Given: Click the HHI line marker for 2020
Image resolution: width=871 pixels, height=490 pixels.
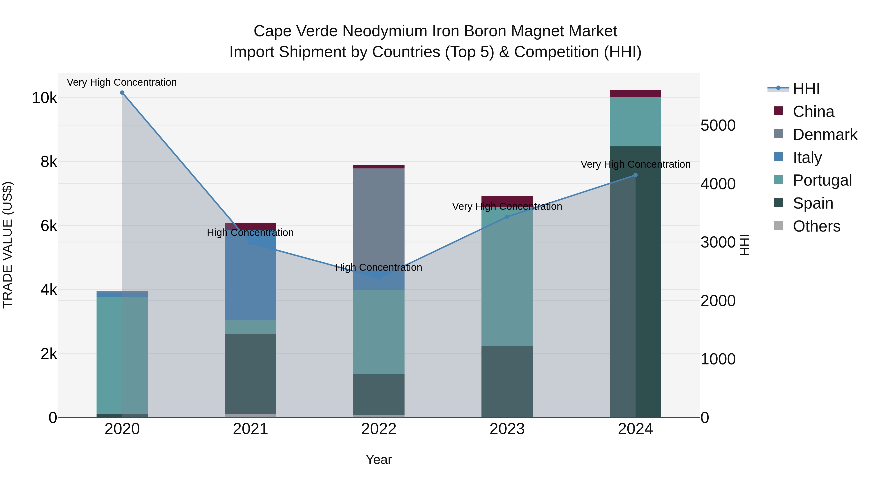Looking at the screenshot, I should point(122,93).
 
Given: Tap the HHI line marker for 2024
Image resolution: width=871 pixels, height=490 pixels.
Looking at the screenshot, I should point(635,175).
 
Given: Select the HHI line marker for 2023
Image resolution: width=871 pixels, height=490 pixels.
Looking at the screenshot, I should point(507,217).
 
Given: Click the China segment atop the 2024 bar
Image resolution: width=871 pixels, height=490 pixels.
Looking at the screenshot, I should point(635,94).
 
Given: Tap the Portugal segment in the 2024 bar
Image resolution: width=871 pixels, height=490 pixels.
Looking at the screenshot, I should point(635,122).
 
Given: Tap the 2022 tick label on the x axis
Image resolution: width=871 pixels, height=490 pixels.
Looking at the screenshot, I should point(379,429).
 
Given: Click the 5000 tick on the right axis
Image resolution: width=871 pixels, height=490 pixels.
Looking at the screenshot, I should point(718,125).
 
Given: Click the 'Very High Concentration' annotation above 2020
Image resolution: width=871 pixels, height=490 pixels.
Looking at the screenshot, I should point(122,83).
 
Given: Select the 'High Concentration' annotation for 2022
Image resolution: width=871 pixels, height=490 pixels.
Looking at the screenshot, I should point(379,267).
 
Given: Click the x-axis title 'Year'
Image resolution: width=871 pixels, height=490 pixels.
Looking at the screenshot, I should point(379,460).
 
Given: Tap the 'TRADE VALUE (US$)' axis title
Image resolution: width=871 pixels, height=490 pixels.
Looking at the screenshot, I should point(8,245).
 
